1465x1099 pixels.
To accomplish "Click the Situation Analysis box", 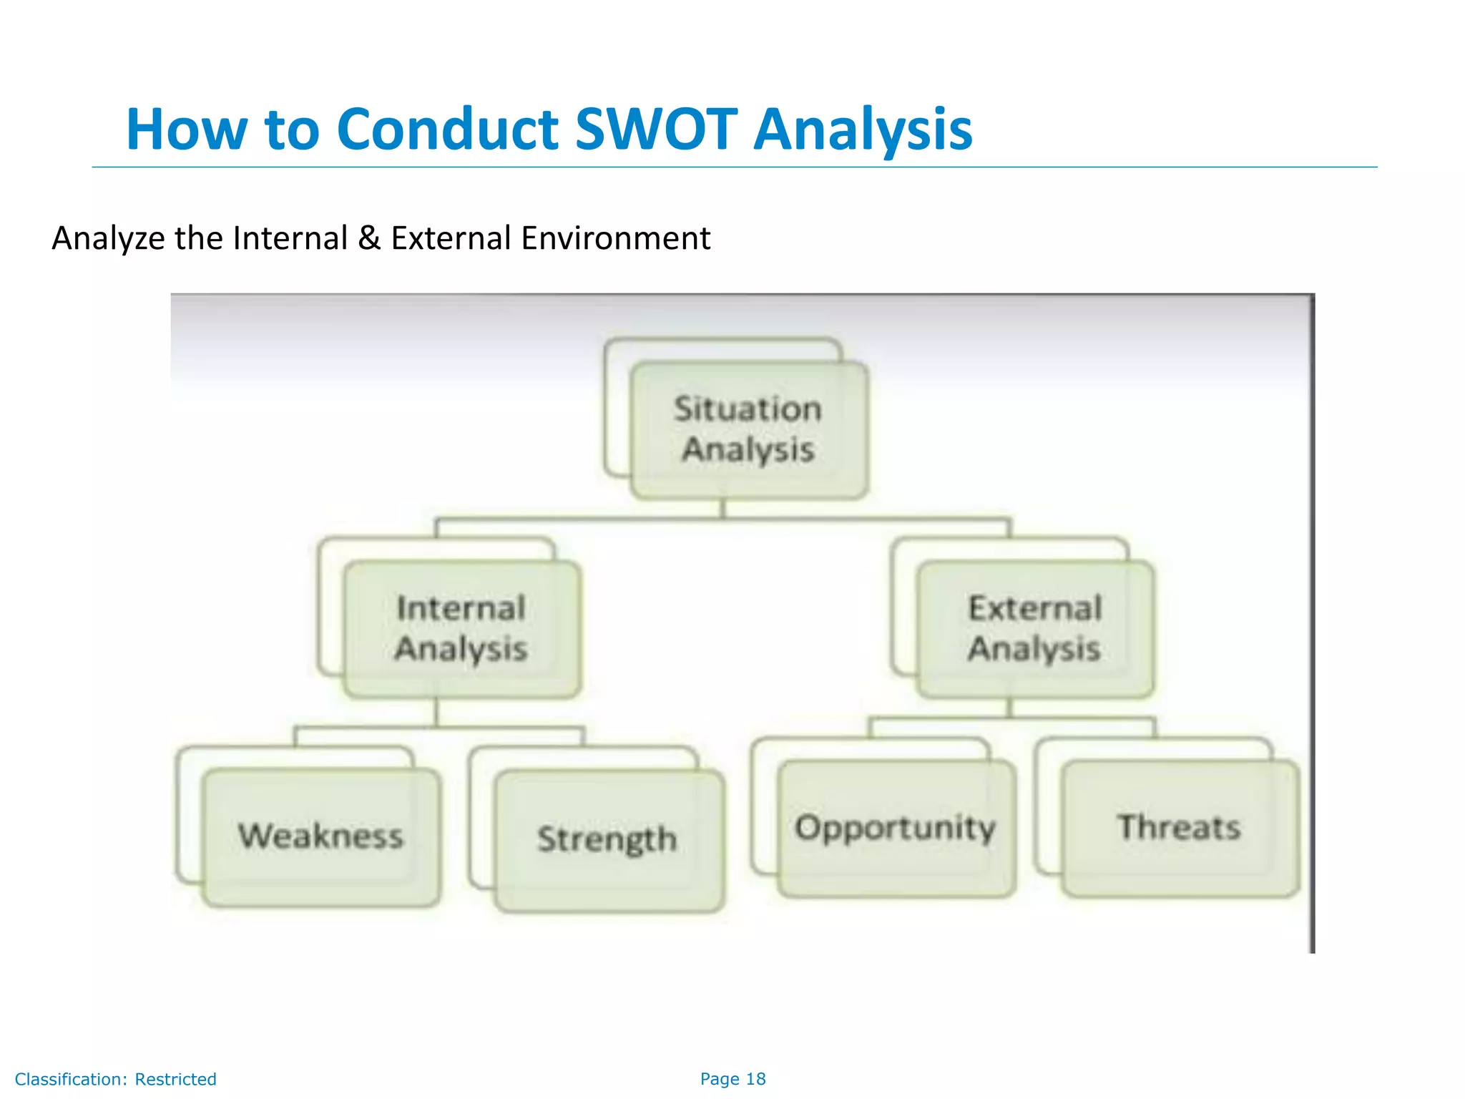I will point(748,429).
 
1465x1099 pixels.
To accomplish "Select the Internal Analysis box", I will point(461,629).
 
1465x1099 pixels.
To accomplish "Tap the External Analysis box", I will point(1035,629).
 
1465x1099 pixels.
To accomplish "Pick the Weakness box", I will point(321,836).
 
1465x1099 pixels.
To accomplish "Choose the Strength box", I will point(608,839).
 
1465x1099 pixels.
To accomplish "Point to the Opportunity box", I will point(896,828).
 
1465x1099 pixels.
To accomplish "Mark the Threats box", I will point(1180,828).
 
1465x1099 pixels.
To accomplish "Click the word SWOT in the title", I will point(655,130).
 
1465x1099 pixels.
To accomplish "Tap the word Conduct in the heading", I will point(447,130).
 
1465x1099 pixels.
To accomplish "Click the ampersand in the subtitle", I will point(369,238).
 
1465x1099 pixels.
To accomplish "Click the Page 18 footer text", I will point(732,1079).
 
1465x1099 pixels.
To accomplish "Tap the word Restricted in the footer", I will point(175,1079).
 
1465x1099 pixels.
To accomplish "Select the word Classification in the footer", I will point(70,1079).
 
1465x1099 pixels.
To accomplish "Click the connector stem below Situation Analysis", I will point(722,509).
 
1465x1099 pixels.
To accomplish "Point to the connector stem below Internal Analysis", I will point(436,713).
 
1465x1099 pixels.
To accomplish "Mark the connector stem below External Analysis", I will point(1010,708).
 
